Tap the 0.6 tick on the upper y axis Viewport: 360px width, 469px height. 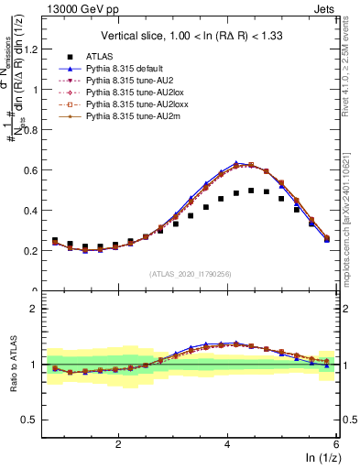(x=33, y=170)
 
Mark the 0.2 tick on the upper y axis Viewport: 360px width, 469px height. (x=33, y=251)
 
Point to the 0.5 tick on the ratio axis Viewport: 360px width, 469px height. (x=33, y=420)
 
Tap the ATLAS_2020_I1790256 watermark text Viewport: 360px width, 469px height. (x=190, y=273)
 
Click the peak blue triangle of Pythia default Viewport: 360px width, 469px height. (x=236, y=163)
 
